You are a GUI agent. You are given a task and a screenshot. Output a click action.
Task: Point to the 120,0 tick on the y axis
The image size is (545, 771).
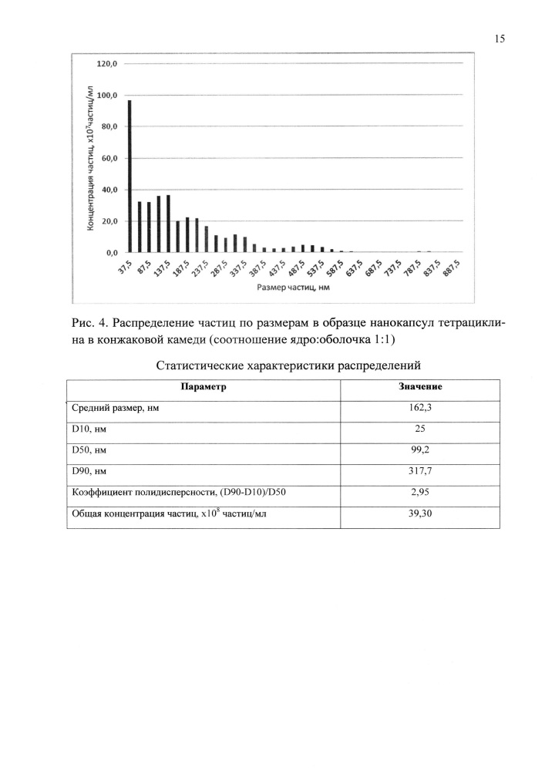106,64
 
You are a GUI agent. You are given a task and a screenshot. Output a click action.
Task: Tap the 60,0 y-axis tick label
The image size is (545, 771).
108,158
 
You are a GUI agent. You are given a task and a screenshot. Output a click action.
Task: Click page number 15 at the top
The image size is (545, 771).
498,39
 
